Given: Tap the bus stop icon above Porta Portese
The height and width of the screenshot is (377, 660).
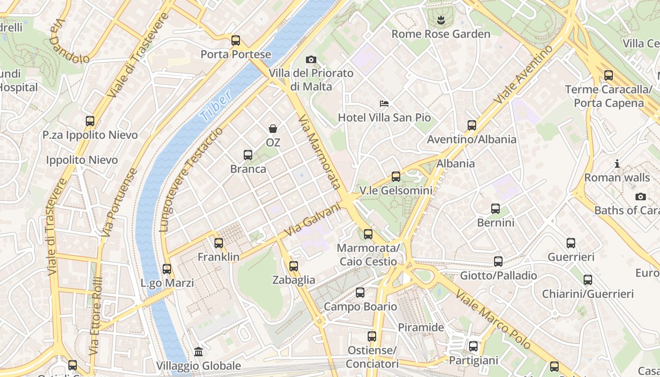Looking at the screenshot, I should coord(236,41).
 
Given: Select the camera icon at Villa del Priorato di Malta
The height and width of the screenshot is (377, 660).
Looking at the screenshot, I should coord(311,59).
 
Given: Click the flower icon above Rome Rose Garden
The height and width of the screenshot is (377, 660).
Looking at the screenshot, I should coord(441,20).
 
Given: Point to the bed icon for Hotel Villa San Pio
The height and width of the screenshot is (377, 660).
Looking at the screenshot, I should coord(384,103).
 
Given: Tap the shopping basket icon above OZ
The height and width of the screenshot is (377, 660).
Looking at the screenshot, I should coord(273,128).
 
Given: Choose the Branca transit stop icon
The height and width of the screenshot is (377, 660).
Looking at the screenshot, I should coord(247,155).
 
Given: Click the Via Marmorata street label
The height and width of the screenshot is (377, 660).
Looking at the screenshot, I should coord(320,152).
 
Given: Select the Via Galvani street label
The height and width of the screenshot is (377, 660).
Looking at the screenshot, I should coord(313,220).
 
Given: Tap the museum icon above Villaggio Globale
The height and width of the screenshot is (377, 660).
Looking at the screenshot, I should coord(198,352).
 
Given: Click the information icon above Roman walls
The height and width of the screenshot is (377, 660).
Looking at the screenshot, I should coord(617,164).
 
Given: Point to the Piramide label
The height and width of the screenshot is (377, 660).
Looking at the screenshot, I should coord(421,327).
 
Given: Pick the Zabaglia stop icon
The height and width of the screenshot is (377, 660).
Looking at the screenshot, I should coord(294,266).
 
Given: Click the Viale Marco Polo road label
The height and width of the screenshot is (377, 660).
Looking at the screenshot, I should coord(493,320).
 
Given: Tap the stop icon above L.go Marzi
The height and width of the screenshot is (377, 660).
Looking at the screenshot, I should coord(167,269).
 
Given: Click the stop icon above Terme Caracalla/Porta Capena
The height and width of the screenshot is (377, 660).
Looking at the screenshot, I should coord(609,75).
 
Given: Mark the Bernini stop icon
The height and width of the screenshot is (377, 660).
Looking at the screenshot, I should coord(495,209).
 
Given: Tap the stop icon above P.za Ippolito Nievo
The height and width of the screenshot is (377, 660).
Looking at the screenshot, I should coord(90,121).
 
